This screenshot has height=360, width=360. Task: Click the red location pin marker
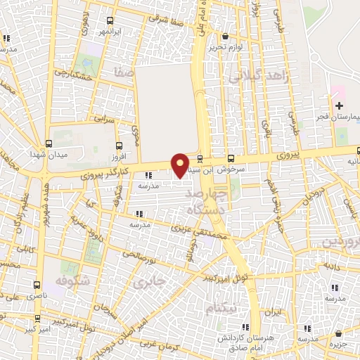181,165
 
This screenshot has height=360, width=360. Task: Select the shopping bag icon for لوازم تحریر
224,37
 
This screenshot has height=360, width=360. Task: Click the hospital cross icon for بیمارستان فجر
339,105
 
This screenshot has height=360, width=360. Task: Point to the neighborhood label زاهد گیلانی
255,77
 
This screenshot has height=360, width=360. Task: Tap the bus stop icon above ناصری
37,285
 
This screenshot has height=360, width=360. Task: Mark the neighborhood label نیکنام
221,309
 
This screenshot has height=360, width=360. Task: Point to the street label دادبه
331,268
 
